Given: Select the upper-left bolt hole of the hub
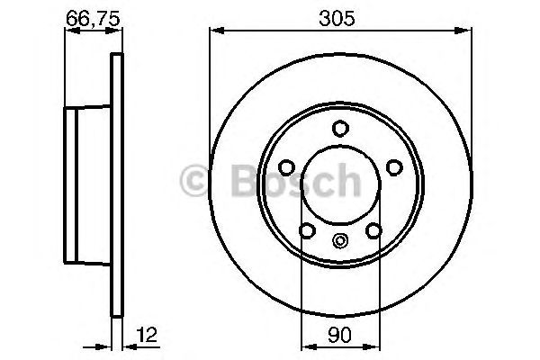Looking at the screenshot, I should (285, 167).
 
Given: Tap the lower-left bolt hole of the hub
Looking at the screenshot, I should (307, 233).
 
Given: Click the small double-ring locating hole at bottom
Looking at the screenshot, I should (341, 240).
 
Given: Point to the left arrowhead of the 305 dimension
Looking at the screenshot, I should (215, 30).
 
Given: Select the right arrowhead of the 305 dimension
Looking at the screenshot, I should (467, 30).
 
